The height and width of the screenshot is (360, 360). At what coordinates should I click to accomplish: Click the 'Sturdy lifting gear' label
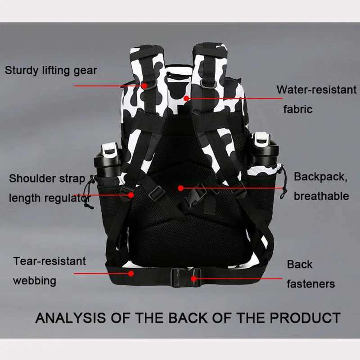coord(51,70)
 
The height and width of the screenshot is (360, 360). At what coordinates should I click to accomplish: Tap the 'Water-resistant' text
coord(316,90)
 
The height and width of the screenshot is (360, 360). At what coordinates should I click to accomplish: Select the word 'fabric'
coord(297,109)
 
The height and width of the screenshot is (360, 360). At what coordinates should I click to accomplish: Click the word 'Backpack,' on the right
coord(321,176)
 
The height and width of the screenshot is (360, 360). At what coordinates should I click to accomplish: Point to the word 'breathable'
coord(321,196)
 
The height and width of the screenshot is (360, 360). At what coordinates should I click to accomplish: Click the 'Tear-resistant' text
coord(49,261)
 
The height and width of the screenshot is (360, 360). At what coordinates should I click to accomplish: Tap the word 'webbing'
coord(35,281)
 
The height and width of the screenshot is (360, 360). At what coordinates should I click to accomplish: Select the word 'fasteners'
coord(311,283)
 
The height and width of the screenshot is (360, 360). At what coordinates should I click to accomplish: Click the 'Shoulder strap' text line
coord(47,178)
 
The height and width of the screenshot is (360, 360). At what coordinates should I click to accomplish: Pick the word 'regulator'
coord(67,198)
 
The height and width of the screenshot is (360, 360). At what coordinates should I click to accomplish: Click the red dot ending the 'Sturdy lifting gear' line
coord(144,85)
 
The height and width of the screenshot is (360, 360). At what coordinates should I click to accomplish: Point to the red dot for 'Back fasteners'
coord(193,279)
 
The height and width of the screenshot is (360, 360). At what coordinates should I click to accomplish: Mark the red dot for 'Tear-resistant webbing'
coord(131,273)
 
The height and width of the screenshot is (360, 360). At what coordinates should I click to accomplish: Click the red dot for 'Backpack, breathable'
coord(180,187)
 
